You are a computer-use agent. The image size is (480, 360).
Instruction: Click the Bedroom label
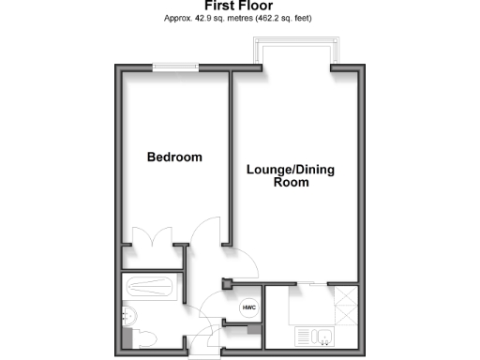[174, 157]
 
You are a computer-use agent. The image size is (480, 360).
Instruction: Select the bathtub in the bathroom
[152, 285]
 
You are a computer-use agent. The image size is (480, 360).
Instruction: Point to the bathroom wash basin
[129, 314]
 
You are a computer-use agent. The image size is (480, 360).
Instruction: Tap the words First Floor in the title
[239, 6]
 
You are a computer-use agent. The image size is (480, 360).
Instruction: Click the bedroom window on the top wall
[175, 66]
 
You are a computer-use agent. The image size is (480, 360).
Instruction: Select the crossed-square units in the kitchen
[346, 304]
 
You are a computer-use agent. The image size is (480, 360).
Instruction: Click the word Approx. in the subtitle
[178, 19]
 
